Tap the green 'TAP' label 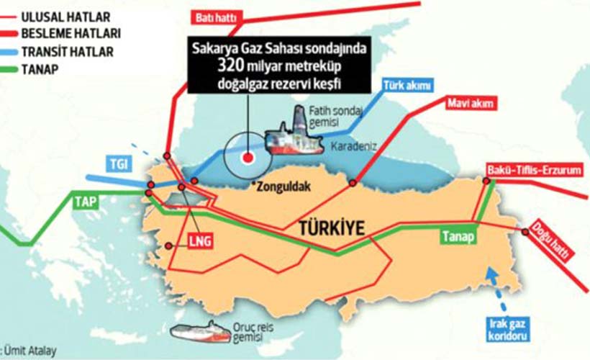(85, 202)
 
